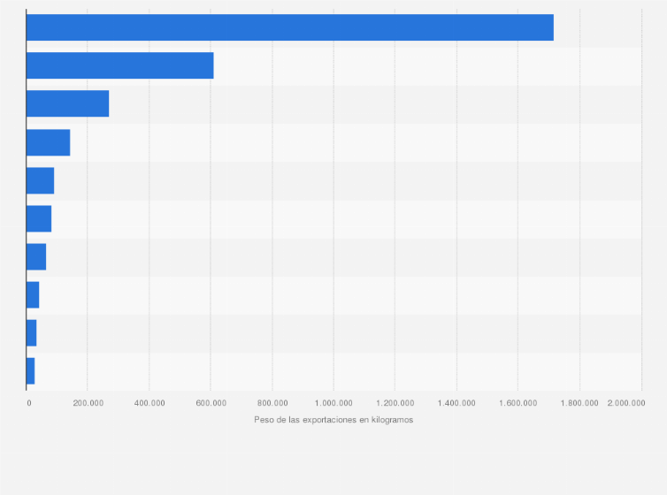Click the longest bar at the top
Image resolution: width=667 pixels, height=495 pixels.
pos(289,27)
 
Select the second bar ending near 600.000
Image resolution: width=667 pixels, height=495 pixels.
pos(119,65)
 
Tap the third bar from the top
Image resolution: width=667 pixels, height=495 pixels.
pos(67,103)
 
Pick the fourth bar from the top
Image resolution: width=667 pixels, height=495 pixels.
pos(48,142)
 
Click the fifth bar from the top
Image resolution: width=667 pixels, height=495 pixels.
pos(40,180)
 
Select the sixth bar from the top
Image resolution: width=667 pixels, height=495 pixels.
pos(39,218)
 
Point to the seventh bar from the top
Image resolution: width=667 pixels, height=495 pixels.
pos(36,256)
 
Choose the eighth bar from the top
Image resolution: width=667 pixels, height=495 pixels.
pos(33,294)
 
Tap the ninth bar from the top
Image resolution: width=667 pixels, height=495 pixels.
pos(31,332)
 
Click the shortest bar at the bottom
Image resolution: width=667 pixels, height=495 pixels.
pos(30,370)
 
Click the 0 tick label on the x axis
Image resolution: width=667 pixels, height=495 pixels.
pos(28,403)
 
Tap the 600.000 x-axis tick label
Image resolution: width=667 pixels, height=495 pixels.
pos(211,403)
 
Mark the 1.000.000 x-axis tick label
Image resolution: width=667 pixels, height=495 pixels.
pos(333,403)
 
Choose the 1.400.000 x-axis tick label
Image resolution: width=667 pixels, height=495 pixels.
pos(456,403)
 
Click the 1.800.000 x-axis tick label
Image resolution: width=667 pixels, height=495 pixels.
pos(579,403)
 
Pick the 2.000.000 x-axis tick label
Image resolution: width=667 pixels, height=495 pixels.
pos(626,403)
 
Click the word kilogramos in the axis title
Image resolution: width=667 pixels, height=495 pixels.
pos(392,420)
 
